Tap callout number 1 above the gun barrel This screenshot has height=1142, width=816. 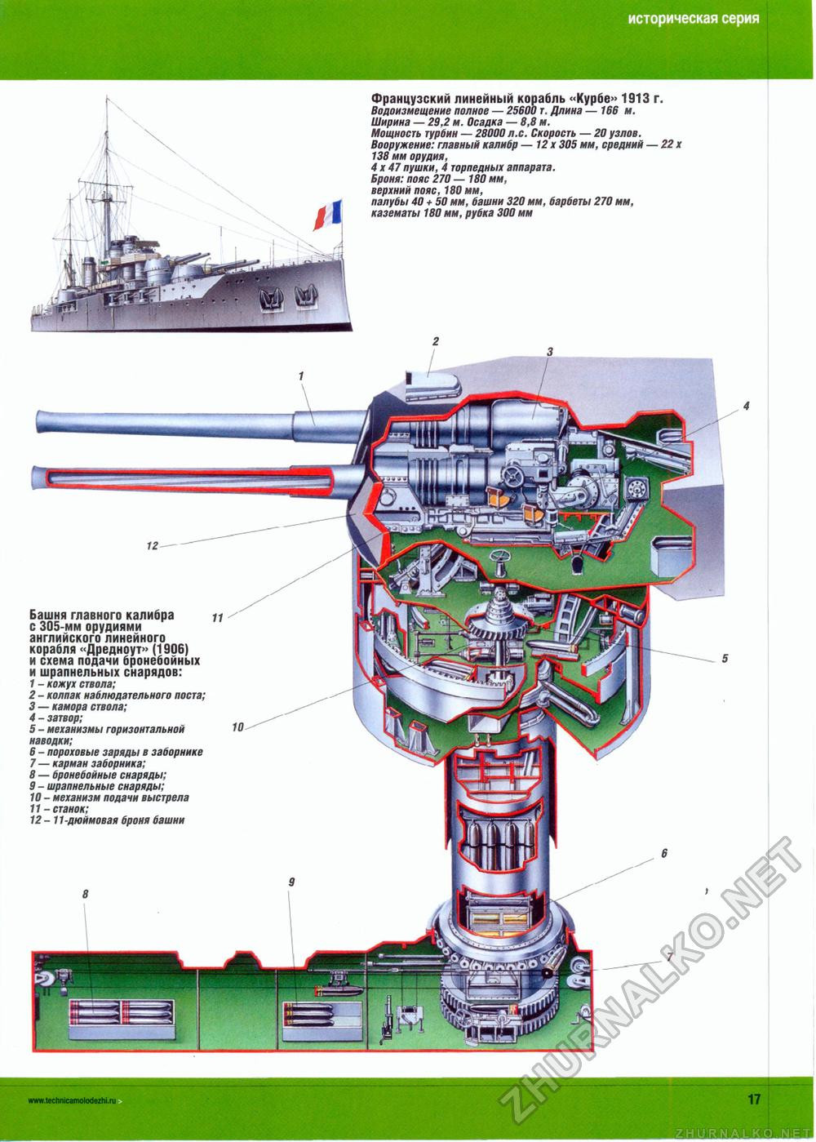[301, 375]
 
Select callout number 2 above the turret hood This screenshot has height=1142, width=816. [437, 342]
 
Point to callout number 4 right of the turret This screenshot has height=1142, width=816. [746, 406]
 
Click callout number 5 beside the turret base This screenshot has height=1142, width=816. [724, 660]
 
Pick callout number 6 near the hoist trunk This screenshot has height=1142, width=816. [664, 853]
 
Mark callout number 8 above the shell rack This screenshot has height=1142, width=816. [85, 895]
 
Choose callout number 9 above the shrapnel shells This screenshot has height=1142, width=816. [291, 882]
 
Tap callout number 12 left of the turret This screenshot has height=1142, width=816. [152, 545]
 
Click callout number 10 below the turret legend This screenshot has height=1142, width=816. [237, 726]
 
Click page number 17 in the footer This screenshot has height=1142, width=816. [753, 1099]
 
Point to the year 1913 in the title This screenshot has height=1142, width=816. [636, 99]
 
